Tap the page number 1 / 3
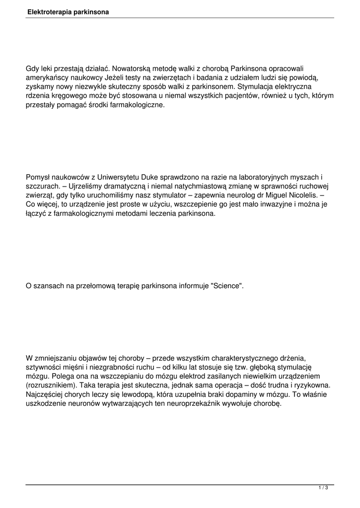tap(323, 488)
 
